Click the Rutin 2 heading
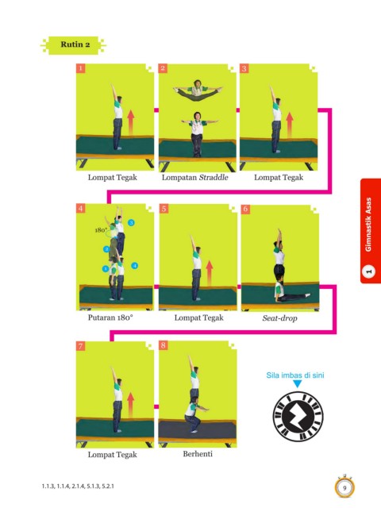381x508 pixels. [x=75, y=44]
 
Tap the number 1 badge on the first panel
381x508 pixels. [x=80, y=68]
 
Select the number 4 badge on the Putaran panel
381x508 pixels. [x=80, y=208]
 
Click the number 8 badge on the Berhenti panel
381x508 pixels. [x=163, y=345]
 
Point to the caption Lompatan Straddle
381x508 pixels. [x=194, y=177]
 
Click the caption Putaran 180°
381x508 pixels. [x=110, y=317]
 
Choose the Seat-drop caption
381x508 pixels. [x=279, y=318]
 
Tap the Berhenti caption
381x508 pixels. [x=198, y=453]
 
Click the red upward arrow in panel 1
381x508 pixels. [x=130, y=122]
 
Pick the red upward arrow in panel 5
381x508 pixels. [x=210, y=273]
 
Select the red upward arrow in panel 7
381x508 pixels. [x=130, y=405]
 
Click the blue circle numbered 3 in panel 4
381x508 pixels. [x=131, y=222]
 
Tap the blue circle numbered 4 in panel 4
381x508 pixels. [x=134, y=266]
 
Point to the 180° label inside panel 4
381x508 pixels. [x=101, y=230]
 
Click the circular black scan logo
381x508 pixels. [x=298, y=416]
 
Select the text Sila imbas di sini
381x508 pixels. [x=295, y=375]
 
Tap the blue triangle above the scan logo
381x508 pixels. [x=297, y=384]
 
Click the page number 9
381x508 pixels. [x=344, y=488]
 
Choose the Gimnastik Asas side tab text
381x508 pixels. [x=368, y=225]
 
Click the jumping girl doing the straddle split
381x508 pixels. [x=198, y=90]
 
